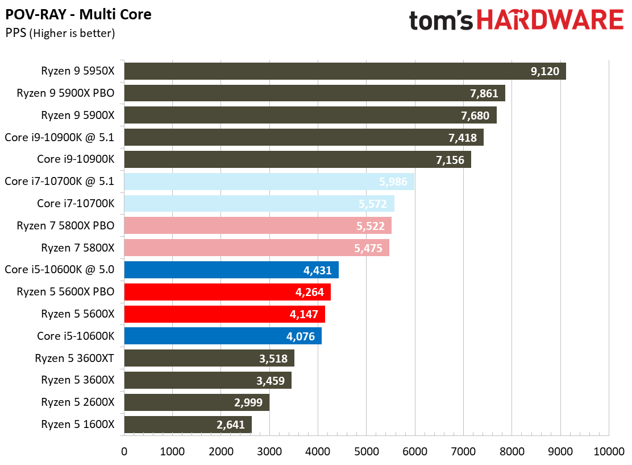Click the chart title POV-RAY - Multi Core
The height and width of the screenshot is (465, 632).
78,14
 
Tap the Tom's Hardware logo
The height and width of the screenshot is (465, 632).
516,20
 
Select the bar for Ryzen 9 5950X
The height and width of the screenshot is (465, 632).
344,71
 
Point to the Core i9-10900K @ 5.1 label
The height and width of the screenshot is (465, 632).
59,137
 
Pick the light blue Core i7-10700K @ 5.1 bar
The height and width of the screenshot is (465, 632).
269,182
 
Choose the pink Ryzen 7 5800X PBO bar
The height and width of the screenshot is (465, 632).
257,226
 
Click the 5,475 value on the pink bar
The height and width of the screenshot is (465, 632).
368,248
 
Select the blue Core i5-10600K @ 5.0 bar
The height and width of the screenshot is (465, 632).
231,270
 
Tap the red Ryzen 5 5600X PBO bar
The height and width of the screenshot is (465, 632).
227,292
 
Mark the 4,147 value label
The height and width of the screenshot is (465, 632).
305,314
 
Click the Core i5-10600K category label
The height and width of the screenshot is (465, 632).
76,336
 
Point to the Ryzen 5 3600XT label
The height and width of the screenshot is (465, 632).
74,358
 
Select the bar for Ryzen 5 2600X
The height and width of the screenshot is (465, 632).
196,402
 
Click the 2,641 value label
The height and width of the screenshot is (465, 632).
231,425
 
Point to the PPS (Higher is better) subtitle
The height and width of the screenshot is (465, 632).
60,33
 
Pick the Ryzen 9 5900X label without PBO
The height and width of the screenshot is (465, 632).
78,115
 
